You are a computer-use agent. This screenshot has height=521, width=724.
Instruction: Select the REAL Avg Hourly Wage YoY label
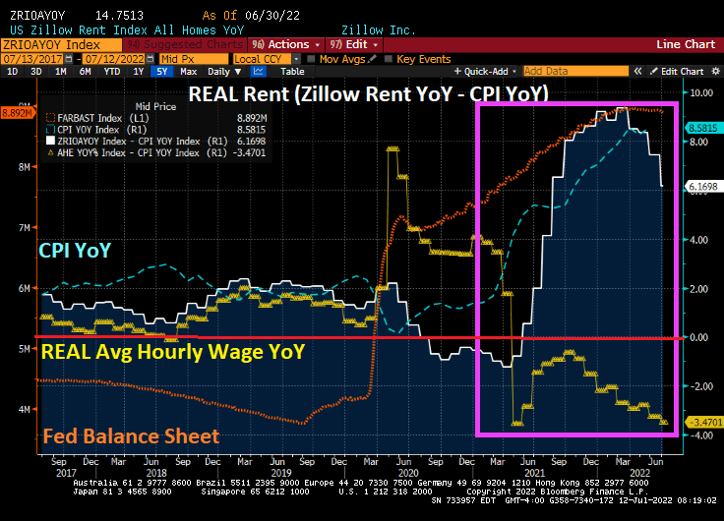tap(172, 351)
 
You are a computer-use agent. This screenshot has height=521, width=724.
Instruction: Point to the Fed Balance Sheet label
tap(132, 435)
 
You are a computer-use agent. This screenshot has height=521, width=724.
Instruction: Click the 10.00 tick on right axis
tap(700, 93)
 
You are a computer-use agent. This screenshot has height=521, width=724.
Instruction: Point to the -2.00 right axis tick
tap(700, 386)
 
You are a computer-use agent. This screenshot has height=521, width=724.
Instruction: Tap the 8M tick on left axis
tap(24, 167)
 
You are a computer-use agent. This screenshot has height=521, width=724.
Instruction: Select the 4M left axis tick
tap(24, 408)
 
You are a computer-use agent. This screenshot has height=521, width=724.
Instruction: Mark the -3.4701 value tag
tap(704, 423)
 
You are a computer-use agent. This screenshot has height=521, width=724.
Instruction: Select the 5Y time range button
tap(164, 72)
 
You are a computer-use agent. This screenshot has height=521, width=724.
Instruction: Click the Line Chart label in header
tap(686, 44)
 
